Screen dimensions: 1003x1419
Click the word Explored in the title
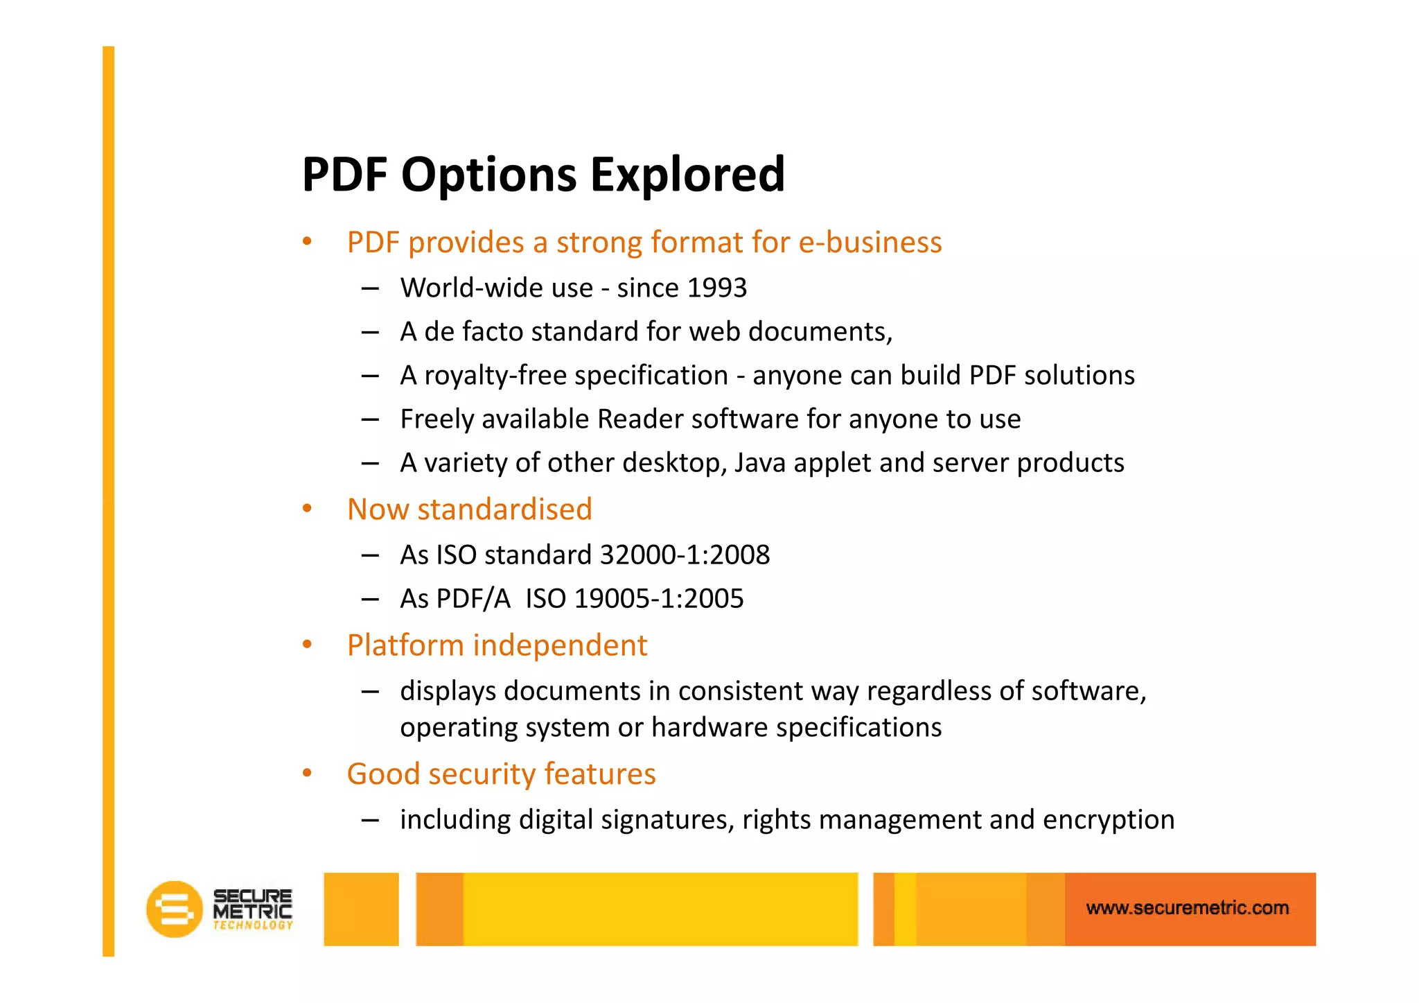point(687,175)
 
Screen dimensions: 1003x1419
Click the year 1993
point(716,288)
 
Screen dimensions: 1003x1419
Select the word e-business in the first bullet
point(870,243)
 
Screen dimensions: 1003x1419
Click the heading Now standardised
point(469,509)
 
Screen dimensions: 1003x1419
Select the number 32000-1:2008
point(684,555)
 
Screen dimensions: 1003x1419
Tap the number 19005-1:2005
point(658,599)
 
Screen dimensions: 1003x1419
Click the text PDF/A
point(473,599)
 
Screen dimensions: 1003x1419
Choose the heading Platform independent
point(497,645)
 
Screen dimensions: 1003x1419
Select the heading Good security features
point(501,774)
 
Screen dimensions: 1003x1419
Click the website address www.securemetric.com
point(1187,908)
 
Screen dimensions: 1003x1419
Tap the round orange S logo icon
point(174,909)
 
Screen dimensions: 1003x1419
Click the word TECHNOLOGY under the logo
point(252,925)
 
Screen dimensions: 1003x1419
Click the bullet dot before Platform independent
point(307,645)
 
